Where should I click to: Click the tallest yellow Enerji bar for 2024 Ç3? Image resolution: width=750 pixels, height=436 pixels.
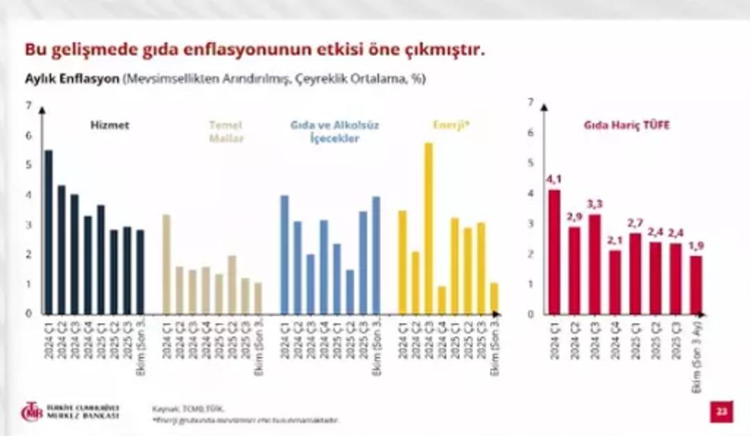428,229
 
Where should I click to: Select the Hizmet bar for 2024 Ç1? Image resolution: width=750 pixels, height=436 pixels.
48,232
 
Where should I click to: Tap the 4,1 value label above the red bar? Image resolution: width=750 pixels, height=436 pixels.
554,179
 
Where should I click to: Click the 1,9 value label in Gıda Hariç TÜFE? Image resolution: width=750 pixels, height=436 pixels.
696,246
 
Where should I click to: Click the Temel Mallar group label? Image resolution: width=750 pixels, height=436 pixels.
226,132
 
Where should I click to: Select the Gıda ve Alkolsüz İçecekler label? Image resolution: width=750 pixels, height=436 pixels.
334,132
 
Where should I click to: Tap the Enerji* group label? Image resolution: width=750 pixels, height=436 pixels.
451,126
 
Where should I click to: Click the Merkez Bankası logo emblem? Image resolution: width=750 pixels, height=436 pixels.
31,411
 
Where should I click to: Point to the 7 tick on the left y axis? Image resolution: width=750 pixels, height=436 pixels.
28,106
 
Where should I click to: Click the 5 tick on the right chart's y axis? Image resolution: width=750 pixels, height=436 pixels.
531,162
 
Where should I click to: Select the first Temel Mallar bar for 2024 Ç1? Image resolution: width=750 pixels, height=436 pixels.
167,265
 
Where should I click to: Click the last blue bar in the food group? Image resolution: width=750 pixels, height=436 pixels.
376,255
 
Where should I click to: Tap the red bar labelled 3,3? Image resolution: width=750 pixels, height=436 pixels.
594,264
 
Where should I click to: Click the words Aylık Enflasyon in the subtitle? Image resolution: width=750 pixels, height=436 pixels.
72,79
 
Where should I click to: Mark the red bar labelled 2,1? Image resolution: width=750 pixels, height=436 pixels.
615,282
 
